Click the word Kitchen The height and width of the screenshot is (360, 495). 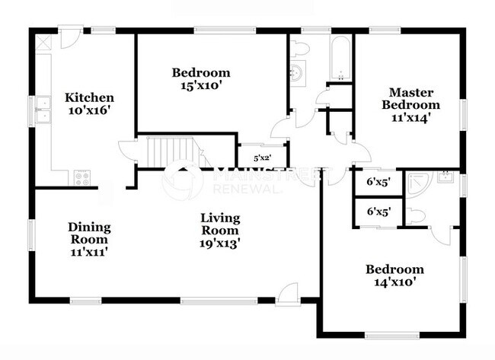pos(89,97)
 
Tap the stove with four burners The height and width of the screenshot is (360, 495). pos(81,178)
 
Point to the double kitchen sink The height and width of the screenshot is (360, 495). pos(43,110)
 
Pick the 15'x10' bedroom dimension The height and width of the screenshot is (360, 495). pos(200,86)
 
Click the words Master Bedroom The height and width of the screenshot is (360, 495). pos(410,98)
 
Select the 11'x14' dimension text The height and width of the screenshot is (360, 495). pos(410,118)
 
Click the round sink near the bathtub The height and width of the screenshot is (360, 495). pos(297,74)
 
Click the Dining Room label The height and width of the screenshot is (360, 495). pos(89,233)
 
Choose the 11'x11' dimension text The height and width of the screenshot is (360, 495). pos(89,251)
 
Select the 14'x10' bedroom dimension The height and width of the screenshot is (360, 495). pos(394,282)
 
